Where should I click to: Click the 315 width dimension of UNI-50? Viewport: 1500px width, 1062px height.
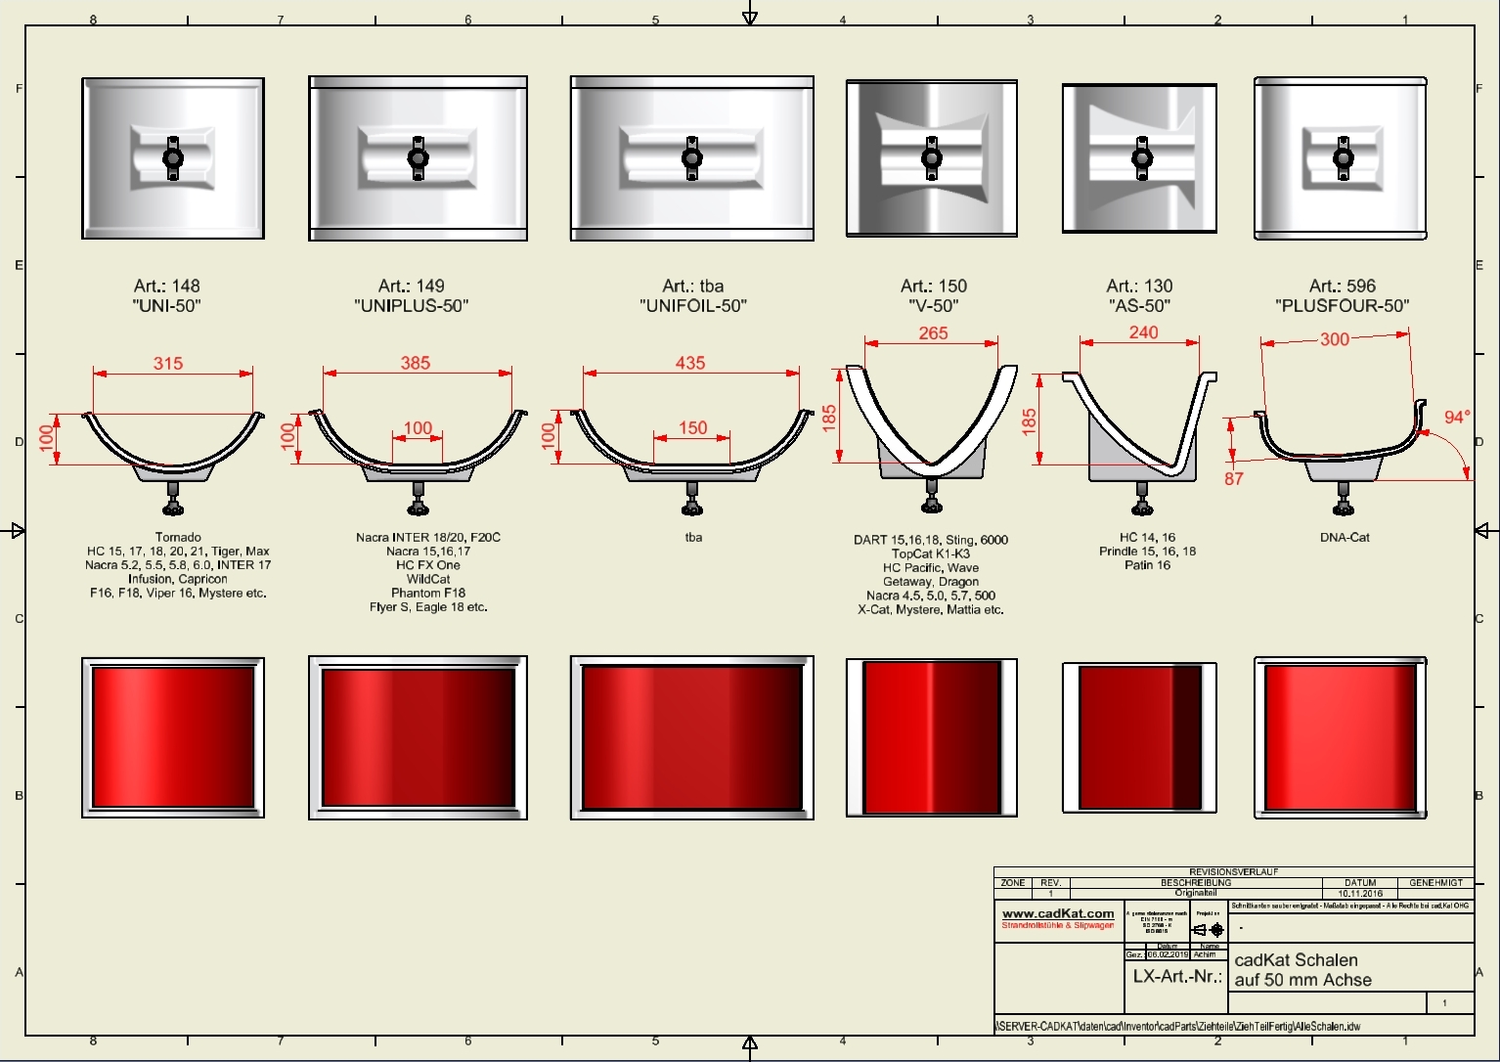[x=168, y=363]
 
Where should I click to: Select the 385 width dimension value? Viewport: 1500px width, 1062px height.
[x=416, y=363]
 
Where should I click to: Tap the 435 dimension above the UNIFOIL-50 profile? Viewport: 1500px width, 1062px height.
[x=690, y=363]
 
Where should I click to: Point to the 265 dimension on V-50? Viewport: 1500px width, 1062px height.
[x=933, y=333]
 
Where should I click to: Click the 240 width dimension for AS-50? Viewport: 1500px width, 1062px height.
[x=1143, y=332]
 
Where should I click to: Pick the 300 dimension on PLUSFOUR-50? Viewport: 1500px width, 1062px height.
[x=1335, y=339]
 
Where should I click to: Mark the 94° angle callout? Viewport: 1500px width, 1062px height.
[x=1456, y=418]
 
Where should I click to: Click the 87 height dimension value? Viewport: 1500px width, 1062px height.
[x=1233, y=478]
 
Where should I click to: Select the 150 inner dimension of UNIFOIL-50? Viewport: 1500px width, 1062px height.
[x=692, y=428]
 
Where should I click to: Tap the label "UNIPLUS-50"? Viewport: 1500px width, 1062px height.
[x=411, y=306]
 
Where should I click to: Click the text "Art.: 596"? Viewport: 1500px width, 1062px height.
[x=1342, y=286]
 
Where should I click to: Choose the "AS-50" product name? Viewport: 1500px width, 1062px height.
[x=1139, y=306]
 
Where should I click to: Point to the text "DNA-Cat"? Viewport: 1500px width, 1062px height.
[x=1344, y=537]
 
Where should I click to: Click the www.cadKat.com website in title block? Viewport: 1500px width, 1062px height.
[x=1058, y=913]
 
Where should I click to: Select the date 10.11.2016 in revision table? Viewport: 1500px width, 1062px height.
[x=1359, y=893]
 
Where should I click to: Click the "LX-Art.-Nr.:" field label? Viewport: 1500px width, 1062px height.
[x=1176, y=976]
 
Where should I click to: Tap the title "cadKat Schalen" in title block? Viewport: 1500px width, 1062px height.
[x=1296, y=959]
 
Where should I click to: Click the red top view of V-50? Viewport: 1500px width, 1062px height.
[x=931, y=737]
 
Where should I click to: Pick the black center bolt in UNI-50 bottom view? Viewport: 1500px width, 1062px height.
[x=173, y=158]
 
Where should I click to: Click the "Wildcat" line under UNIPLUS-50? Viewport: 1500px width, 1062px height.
[x=427, y=579]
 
